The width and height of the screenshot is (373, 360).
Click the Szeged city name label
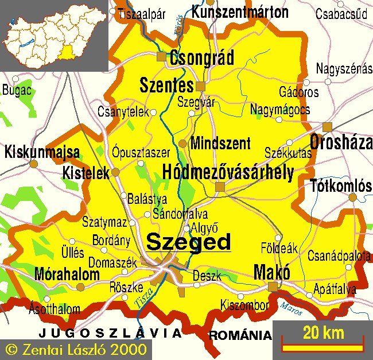point(188,242)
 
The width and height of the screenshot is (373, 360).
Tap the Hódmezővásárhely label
point(228,172)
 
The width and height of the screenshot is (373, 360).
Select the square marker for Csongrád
point(161,56)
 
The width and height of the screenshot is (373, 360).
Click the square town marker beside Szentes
point(200,86)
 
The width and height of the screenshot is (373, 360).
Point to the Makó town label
point(271,272)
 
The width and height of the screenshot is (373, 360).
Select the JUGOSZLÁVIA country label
point(110,333)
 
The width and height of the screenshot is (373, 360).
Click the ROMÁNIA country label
point(240,335)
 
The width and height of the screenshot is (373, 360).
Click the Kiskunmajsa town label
point(42,153)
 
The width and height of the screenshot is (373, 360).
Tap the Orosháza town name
point(341,143)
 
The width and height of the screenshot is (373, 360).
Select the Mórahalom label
point(67,274)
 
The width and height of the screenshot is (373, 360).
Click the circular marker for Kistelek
point(115,172)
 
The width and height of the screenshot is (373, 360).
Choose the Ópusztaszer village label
point(141,153)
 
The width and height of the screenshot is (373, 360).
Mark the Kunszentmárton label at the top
point(239,11)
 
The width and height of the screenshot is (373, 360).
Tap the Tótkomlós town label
point(341,185)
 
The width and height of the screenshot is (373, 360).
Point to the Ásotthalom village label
point(55,309)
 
